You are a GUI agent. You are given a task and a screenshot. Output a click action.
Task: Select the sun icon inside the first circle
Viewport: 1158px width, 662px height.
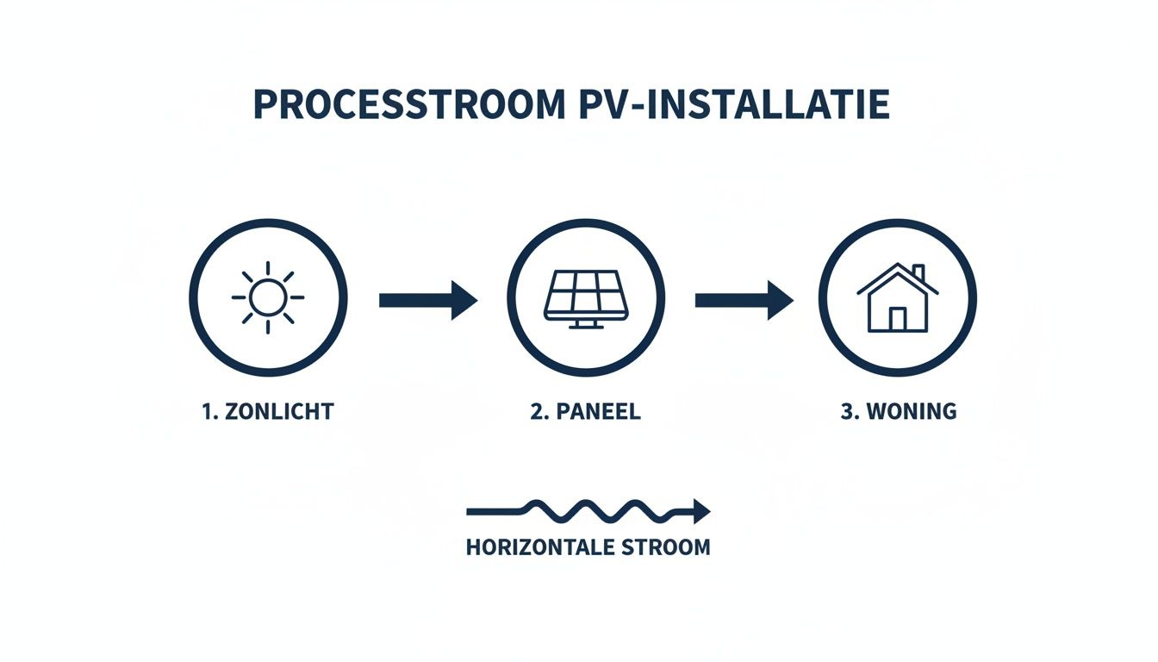tap(268, 297)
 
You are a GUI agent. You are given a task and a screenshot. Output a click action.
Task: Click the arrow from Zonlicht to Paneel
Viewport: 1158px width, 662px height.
tap(427, 300)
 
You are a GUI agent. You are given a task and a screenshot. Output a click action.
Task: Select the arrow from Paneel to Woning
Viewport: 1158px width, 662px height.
tap(744, 300)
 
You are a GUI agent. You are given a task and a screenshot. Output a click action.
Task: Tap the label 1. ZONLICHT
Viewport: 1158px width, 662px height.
tap(267, 411)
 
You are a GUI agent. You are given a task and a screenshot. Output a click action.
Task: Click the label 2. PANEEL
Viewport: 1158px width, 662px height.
tap(586, 411)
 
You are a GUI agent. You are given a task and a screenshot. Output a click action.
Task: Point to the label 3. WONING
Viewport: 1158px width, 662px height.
tap(899, 411)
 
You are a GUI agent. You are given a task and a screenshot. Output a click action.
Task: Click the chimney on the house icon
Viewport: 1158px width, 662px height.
tap(918, 273)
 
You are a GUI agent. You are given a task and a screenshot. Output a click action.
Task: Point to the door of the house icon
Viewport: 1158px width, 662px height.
tap(898, 319)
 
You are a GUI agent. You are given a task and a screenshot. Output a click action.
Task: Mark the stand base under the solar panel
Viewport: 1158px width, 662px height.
tap(586, 326)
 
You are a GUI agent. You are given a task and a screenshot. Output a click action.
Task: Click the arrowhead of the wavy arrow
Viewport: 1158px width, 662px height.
tap(701, 511)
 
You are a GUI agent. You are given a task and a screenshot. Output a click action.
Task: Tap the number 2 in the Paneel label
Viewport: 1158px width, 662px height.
tap(536, 411)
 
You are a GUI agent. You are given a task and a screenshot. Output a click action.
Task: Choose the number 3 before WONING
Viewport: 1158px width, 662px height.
tap(846, 411)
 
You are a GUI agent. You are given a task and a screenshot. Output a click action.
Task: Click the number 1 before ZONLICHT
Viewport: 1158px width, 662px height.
tap(207, 411)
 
